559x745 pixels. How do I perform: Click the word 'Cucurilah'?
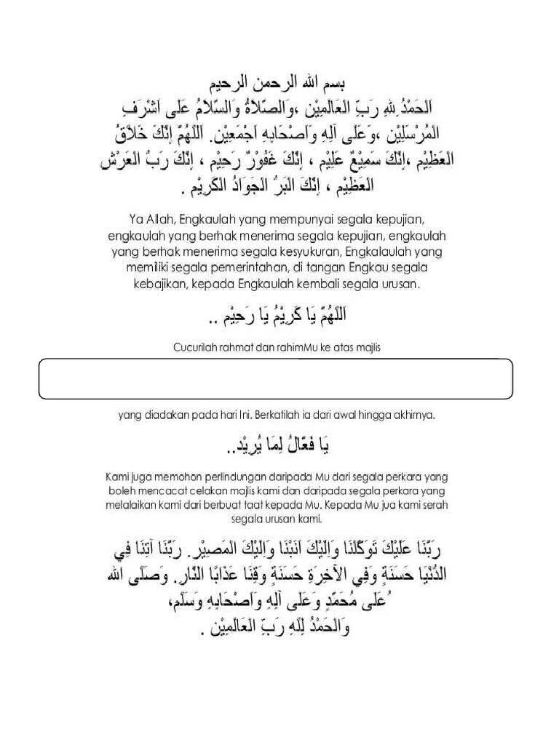click(197, 348)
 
